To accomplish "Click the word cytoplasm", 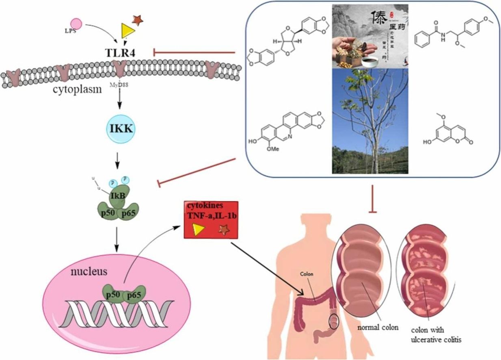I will [77, 90].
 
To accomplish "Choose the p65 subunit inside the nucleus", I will [134, 296].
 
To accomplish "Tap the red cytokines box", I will [211, 219].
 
